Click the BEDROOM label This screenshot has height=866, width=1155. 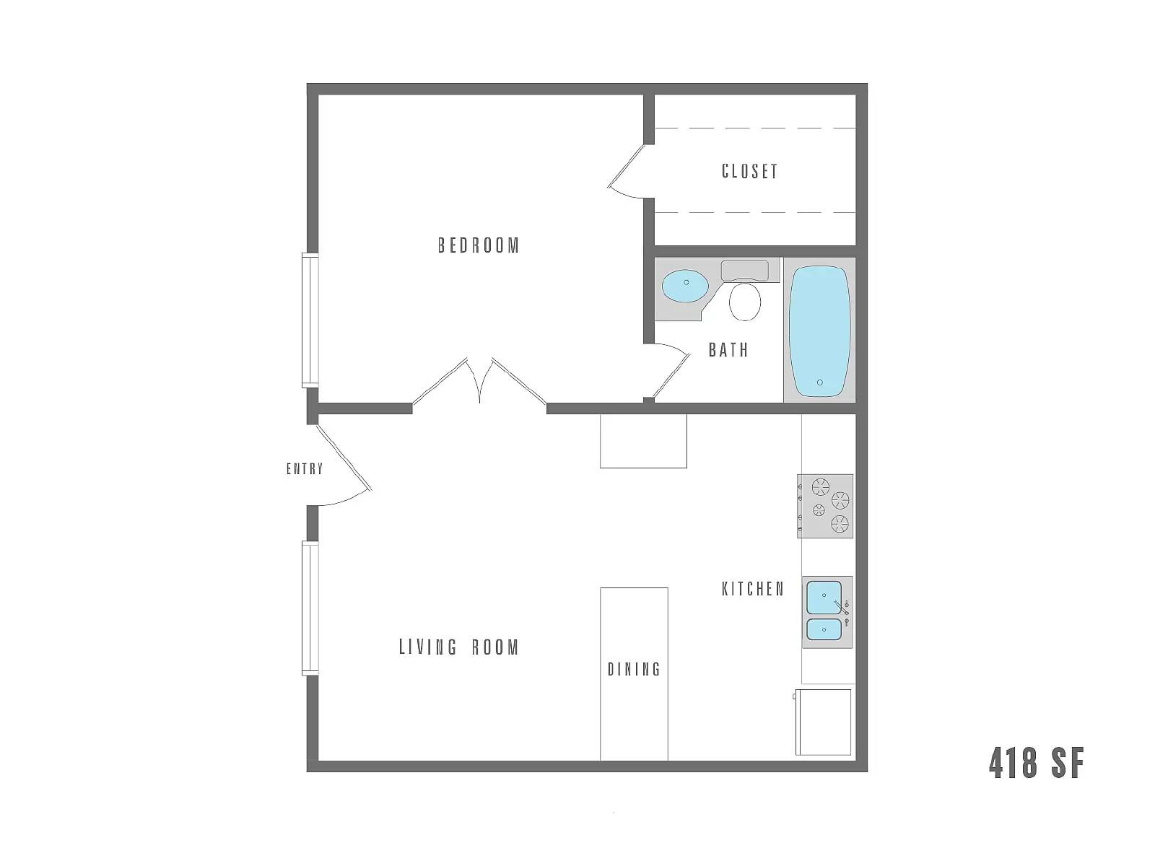(x=479, y=245)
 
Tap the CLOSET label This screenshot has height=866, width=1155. (x=749, y=171)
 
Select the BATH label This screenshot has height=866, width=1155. (x=728, y=350)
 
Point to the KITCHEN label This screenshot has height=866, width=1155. (x=753, y=589)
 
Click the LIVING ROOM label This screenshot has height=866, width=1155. (x=459, y=647)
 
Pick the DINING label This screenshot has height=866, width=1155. (x=634, y=669)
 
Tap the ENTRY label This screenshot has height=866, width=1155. (x=305, y=469)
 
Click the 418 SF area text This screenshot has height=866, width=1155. (x=1036, y=763)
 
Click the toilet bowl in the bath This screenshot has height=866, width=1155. (x=746, y=302)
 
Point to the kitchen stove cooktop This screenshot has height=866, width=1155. (x=825, y=506)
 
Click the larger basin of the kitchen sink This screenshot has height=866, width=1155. (x=824, y=597)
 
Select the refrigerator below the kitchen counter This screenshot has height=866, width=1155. (x=823, y=722)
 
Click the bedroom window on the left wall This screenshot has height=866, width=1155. (x=310, y=320)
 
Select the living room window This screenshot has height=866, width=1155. (x=310, y=608)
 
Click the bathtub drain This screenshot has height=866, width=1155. (x=819, y=382)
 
